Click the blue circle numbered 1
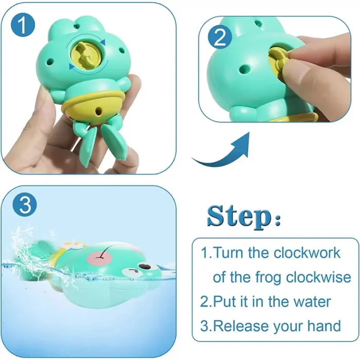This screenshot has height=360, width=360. point(23,25)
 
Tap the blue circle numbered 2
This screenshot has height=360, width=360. point(220,37)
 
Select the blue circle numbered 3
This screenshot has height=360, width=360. point(25,204)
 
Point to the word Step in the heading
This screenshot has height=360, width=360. point(239,216)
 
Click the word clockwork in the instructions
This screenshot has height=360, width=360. point(307,253)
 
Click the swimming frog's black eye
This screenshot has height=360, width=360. point(146,266)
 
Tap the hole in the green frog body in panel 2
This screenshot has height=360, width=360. point(244,68)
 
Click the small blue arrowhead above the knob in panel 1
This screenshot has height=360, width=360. point(102,42)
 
